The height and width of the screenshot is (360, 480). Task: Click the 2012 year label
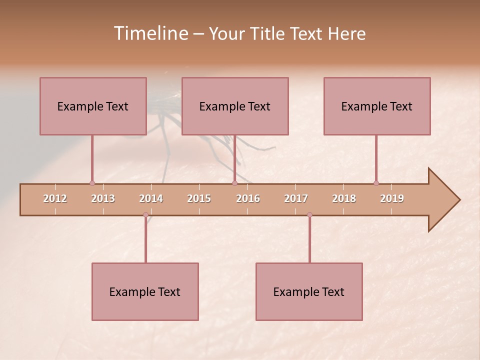point(55,198)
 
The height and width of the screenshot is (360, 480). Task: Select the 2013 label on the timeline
point(103,198)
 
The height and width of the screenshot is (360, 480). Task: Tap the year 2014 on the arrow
point(151,198)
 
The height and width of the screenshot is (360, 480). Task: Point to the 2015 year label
point(199,198)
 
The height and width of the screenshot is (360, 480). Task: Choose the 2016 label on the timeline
point(248,198)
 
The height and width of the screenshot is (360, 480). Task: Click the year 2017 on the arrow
point(296,198)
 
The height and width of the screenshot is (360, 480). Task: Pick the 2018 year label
point(344,198)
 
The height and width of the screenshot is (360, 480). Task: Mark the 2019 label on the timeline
point(392,198)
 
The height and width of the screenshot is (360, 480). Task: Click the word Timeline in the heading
point(150,33)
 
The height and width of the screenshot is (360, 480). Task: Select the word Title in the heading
point(267,33)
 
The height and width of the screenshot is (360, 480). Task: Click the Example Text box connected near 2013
point(93,106)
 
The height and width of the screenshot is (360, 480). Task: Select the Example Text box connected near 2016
point(235,106)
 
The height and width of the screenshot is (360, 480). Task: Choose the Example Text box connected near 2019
point(377,106)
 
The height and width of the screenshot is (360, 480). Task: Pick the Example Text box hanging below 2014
point(145,291)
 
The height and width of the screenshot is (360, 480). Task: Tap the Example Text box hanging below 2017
point(309,291)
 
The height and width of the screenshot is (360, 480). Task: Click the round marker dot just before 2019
point(376,183)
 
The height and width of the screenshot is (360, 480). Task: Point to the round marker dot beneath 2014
point(145,215)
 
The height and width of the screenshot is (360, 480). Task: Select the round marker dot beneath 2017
point(309,215)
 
